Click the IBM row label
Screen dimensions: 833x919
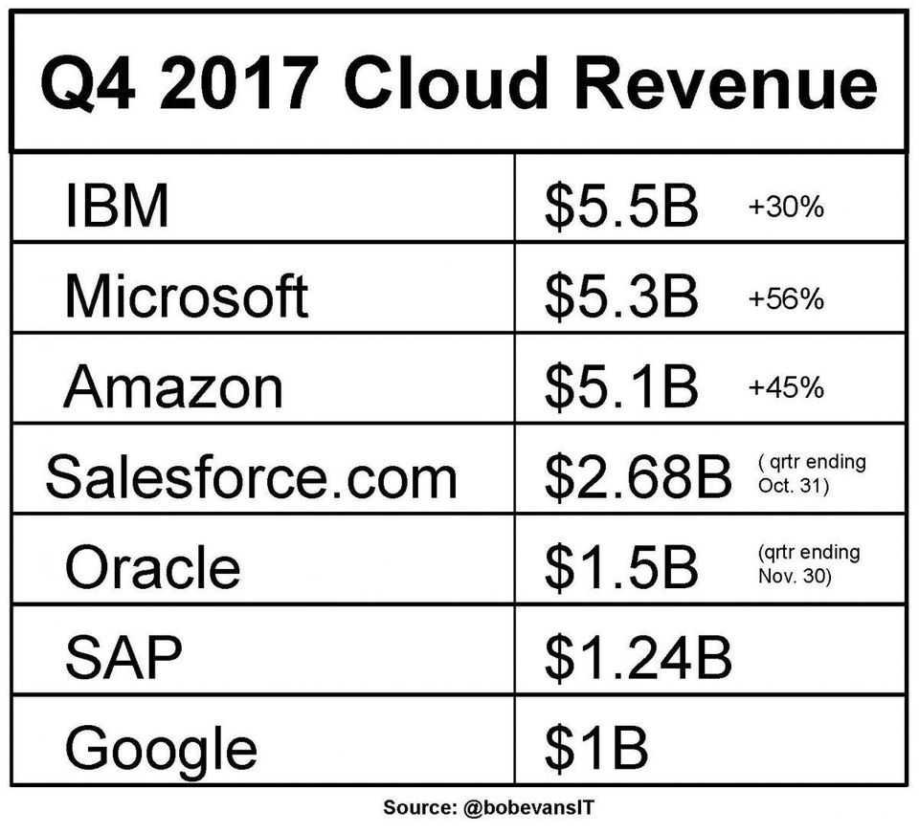pos(116,206)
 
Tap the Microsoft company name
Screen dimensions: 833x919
pos(186,296)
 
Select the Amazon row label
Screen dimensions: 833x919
pos(173,386)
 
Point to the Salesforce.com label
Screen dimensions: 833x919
pos(251,476)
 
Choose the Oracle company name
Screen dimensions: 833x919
pos(152,567)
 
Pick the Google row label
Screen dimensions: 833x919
pos(161,747)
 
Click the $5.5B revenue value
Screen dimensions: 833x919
pos(621,206)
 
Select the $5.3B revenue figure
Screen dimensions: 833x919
pos(621,296)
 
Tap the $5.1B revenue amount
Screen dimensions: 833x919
pos(621,386)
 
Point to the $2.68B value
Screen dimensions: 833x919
pos(638,476)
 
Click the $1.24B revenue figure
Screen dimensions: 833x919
pos(638,657)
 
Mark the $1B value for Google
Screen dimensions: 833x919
pos(595,747)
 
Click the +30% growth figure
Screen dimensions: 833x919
pos(785,208)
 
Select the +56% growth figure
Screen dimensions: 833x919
pos(785,298)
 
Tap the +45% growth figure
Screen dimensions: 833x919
pos(785,388)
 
